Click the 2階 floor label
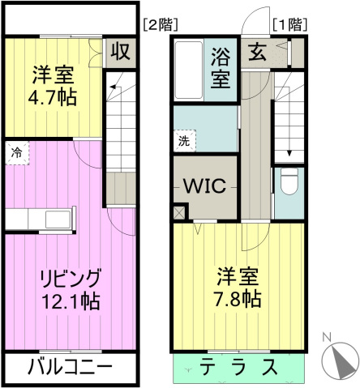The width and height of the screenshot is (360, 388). tap(161, 24)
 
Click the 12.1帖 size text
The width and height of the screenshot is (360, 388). tap(70, 302)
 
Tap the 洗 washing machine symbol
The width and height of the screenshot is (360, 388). tap(184, 139)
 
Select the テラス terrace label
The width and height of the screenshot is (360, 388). tap(238, 366)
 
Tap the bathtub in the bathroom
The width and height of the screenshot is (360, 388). tap(188, 69)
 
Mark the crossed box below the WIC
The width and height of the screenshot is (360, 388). tap(180, 212)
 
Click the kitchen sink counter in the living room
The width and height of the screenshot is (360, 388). tap(40, 220)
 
